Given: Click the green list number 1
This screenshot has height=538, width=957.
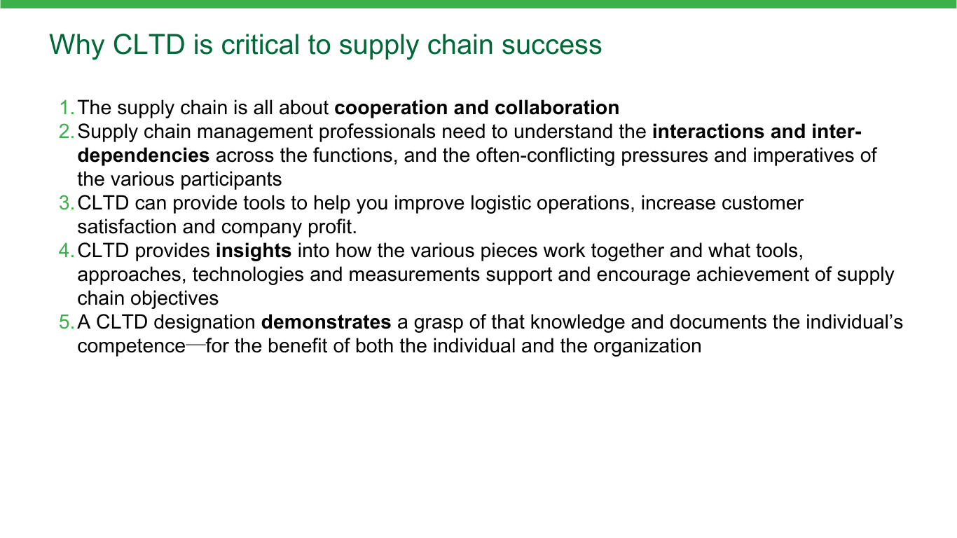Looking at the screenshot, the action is coord(67,108).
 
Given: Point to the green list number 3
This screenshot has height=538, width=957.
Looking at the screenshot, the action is coord(67,203).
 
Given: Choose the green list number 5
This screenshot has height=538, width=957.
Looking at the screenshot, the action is coord(67,322).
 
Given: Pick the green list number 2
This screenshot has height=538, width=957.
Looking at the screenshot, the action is coord(67,132).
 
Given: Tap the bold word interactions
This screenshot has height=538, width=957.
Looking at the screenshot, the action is coord(708,132).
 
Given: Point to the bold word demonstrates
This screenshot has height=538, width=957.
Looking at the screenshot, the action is coord(326,322).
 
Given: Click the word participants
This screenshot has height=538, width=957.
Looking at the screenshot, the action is coord(231,180).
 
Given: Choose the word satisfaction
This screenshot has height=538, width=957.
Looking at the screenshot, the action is coord(127,227).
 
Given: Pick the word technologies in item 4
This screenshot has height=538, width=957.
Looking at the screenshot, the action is coord(248,275).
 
